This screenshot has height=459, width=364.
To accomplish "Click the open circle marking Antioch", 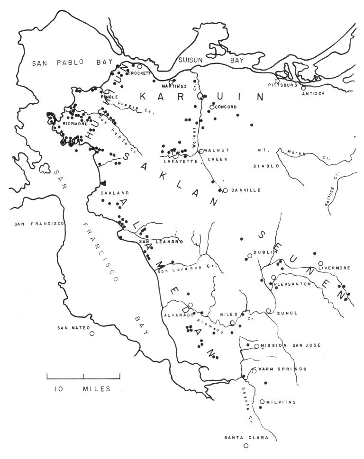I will pyautogui.click(x=303, y=87).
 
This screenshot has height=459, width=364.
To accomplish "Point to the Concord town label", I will pyautogui.click(x=226, y=107).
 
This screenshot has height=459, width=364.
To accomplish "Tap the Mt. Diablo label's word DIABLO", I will pyautogui.click(x=270, y=166).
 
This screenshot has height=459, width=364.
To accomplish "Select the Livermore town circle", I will pyautogui.click(x=321, y=263).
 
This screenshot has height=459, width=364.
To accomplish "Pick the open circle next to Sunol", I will pyautogui.click(x=268, y=311).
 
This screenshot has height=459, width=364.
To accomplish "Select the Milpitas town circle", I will pyautogui.click(x=262, y=402).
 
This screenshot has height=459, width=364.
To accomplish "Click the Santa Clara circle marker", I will pyautogui.click(x=246, y=446).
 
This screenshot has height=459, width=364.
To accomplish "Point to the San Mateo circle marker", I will pyautogui.click(x=92, y=333).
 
